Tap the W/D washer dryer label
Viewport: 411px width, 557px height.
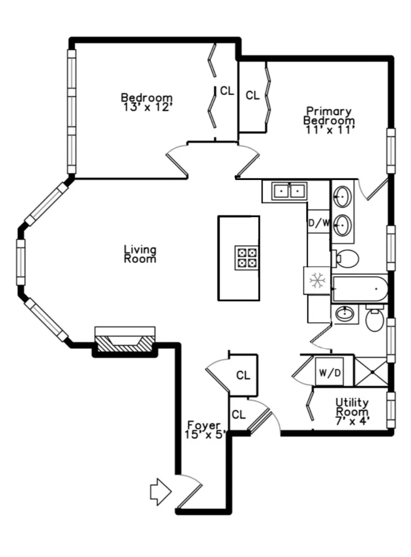[329, 373]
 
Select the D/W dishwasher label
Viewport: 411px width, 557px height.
[319, 223]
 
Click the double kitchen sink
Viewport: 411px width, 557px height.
[289, 191]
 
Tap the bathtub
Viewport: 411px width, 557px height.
[359, 289]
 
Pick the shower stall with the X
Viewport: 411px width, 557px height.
[372, 372]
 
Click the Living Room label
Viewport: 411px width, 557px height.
[140, 254]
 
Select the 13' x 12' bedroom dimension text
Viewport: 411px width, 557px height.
[147, 107]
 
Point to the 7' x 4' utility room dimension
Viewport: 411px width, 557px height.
[353, 422]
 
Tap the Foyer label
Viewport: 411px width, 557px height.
[204, 425]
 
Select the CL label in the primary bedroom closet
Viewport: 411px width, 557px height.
[253, 95]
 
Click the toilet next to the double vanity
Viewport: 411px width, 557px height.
[346, 258]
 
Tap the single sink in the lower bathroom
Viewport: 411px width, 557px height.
[345, 314]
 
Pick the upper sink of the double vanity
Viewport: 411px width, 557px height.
[343, 196]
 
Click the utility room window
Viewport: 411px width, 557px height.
[391, 410]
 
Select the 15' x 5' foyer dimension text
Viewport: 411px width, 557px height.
[205, 434]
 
